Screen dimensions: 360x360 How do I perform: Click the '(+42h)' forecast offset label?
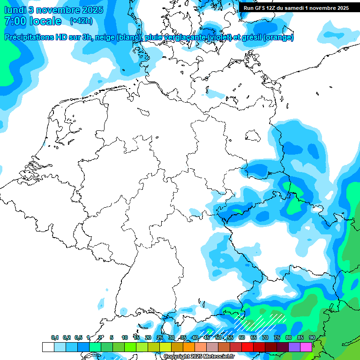tap(81, 21)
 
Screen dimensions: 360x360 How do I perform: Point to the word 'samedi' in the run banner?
tap(293, 8)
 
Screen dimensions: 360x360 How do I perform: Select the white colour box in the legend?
tap(48, 347)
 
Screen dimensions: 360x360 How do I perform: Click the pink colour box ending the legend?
tap(306, 347)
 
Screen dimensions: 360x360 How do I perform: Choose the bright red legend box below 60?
tap(247, 347)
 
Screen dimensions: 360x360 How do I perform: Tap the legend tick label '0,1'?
tap(55, 338)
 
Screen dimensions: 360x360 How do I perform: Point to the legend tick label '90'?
tap(312, 338)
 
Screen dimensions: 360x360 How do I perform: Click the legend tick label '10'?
tap(125, 338)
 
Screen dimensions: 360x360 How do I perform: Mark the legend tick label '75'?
tap(277, 338)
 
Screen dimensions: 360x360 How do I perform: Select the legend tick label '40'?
tap(195, 338)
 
